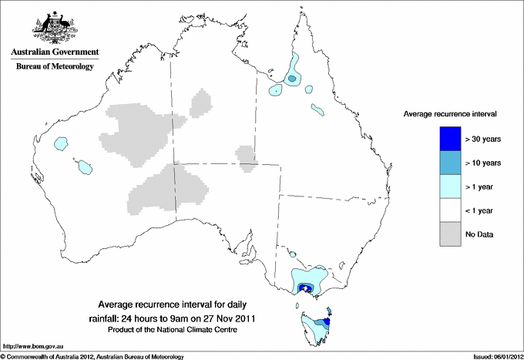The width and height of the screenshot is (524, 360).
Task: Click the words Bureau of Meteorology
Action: coord(54,67)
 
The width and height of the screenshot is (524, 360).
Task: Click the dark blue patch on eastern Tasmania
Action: coord(328,321)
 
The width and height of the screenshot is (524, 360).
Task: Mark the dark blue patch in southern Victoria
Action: coord(306,289)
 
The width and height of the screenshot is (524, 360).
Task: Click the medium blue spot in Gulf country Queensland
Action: coord(292,79)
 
